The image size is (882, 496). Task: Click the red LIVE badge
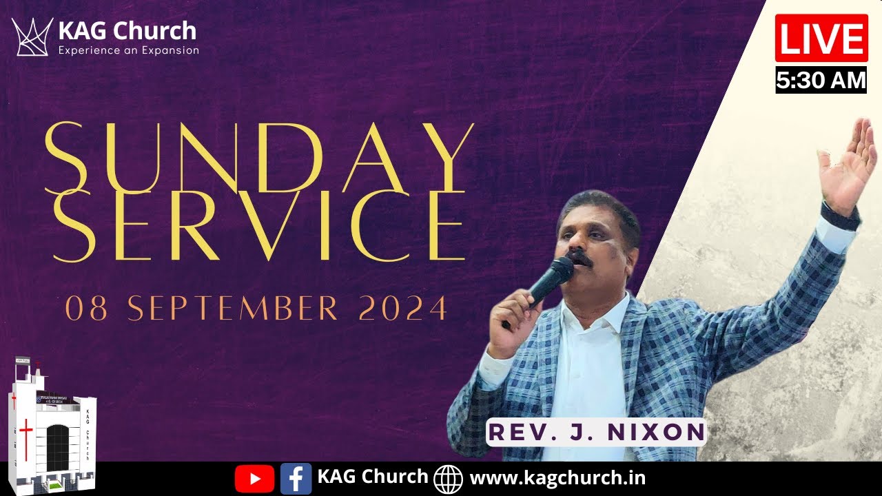point(821,39)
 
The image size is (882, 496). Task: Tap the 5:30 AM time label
point(821,81)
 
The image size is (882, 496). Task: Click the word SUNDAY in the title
point(259,157)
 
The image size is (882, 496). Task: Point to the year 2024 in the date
point(403,309)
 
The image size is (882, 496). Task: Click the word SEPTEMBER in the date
point(233,309)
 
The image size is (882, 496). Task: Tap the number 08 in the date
point(87,309)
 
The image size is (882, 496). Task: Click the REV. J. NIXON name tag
point(597,432)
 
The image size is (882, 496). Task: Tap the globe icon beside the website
point(449,478)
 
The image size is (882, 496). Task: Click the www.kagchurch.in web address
point(557,477)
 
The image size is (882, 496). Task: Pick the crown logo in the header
point(32,37)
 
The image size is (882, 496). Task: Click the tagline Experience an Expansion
point(128,50)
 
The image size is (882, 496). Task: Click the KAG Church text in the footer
point(373,477)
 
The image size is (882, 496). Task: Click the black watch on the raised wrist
point(841,216)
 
